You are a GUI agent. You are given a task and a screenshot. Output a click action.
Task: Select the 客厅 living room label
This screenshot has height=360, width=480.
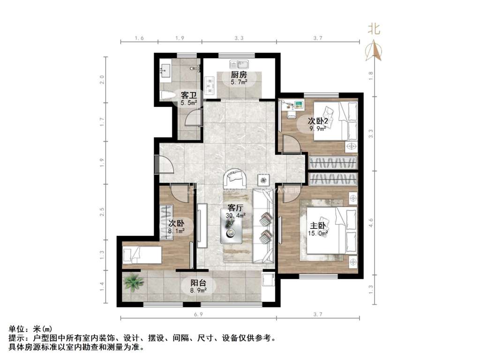235,207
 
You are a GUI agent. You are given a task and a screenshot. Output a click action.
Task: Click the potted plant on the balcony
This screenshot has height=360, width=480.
134,283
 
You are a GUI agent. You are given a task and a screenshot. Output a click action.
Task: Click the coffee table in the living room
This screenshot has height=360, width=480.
232,228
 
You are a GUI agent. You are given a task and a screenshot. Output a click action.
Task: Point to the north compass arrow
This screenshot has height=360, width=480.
374,50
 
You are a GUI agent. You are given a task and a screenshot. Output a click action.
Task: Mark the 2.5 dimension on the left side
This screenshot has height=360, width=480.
103,212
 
